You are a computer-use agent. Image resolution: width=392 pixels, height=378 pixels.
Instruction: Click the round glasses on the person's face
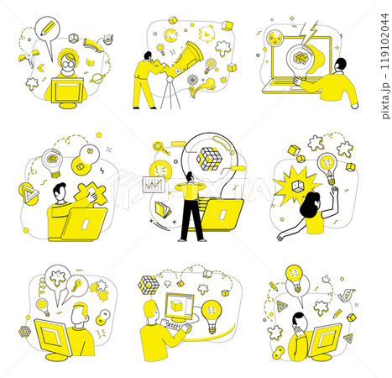[x=67, y=64]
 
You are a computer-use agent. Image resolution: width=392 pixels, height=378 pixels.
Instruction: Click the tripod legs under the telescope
[x=170, y=94]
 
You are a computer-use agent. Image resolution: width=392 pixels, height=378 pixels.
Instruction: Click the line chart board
[x=154, y=185]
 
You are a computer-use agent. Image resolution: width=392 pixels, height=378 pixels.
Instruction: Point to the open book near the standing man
[x=163, y=210]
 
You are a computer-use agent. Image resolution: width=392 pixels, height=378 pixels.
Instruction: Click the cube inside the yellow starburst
[x=298, y=186]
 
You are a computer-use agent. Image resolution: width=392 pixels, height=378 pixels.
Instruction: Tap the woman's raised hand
[x=334, y=192]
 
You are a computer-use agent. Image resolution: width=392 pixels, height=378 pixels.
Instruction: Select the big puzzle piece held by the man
[x=91, y=193]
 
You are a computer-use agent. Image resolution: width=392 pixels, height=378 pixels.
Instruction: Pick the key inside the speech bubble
[x=76, y=285]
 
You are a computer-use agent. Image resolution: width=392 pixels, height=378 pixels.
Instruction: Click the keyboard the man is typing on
[x=177, y=326]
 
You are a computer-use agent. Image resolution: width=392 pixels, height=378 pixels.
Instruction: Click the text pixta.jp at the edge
[x=385, y=100]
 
